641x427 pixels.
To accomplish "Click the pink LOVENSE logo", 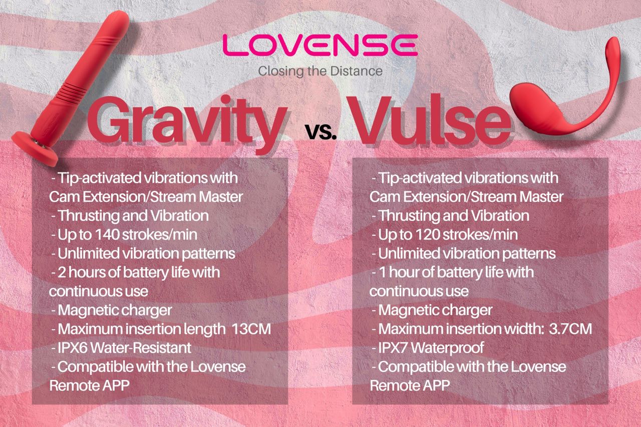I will point(320,46).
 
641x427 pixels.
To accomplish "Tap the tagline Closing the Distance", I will point(320,71).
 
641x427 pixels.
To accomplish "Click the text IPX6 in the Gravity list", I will point(75,348).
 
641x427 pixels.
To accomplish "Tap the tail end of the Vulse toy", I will point(615,45).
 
